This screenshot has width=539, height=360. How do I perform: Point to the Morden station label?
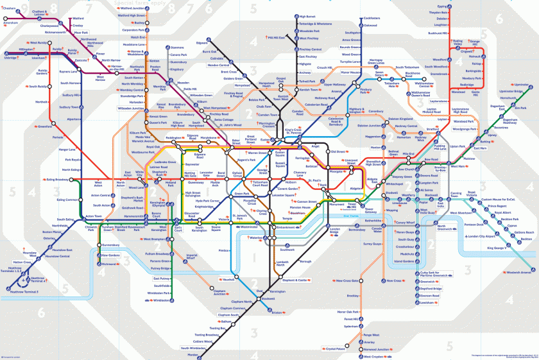click(x=193, y=354)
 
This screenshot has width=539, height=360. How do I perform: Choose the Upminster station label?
click(x=520, y=84)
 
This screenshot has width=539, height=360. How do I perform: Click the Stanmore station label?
click(x=178, y=47)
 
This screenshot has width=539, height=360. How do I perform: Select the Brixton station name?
click(x=277, y=313)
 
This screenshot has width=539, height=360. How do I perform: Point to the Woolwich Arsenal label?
click(x=518, y=273)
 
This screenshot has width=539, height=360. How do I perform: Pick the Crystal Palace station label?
click(x=335, y=349)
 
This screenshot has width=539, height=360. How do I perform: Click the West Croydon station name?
click(x=372, y=356)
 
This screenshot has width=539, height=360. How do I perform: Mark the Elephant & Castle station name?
click(x=296, y=280)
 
